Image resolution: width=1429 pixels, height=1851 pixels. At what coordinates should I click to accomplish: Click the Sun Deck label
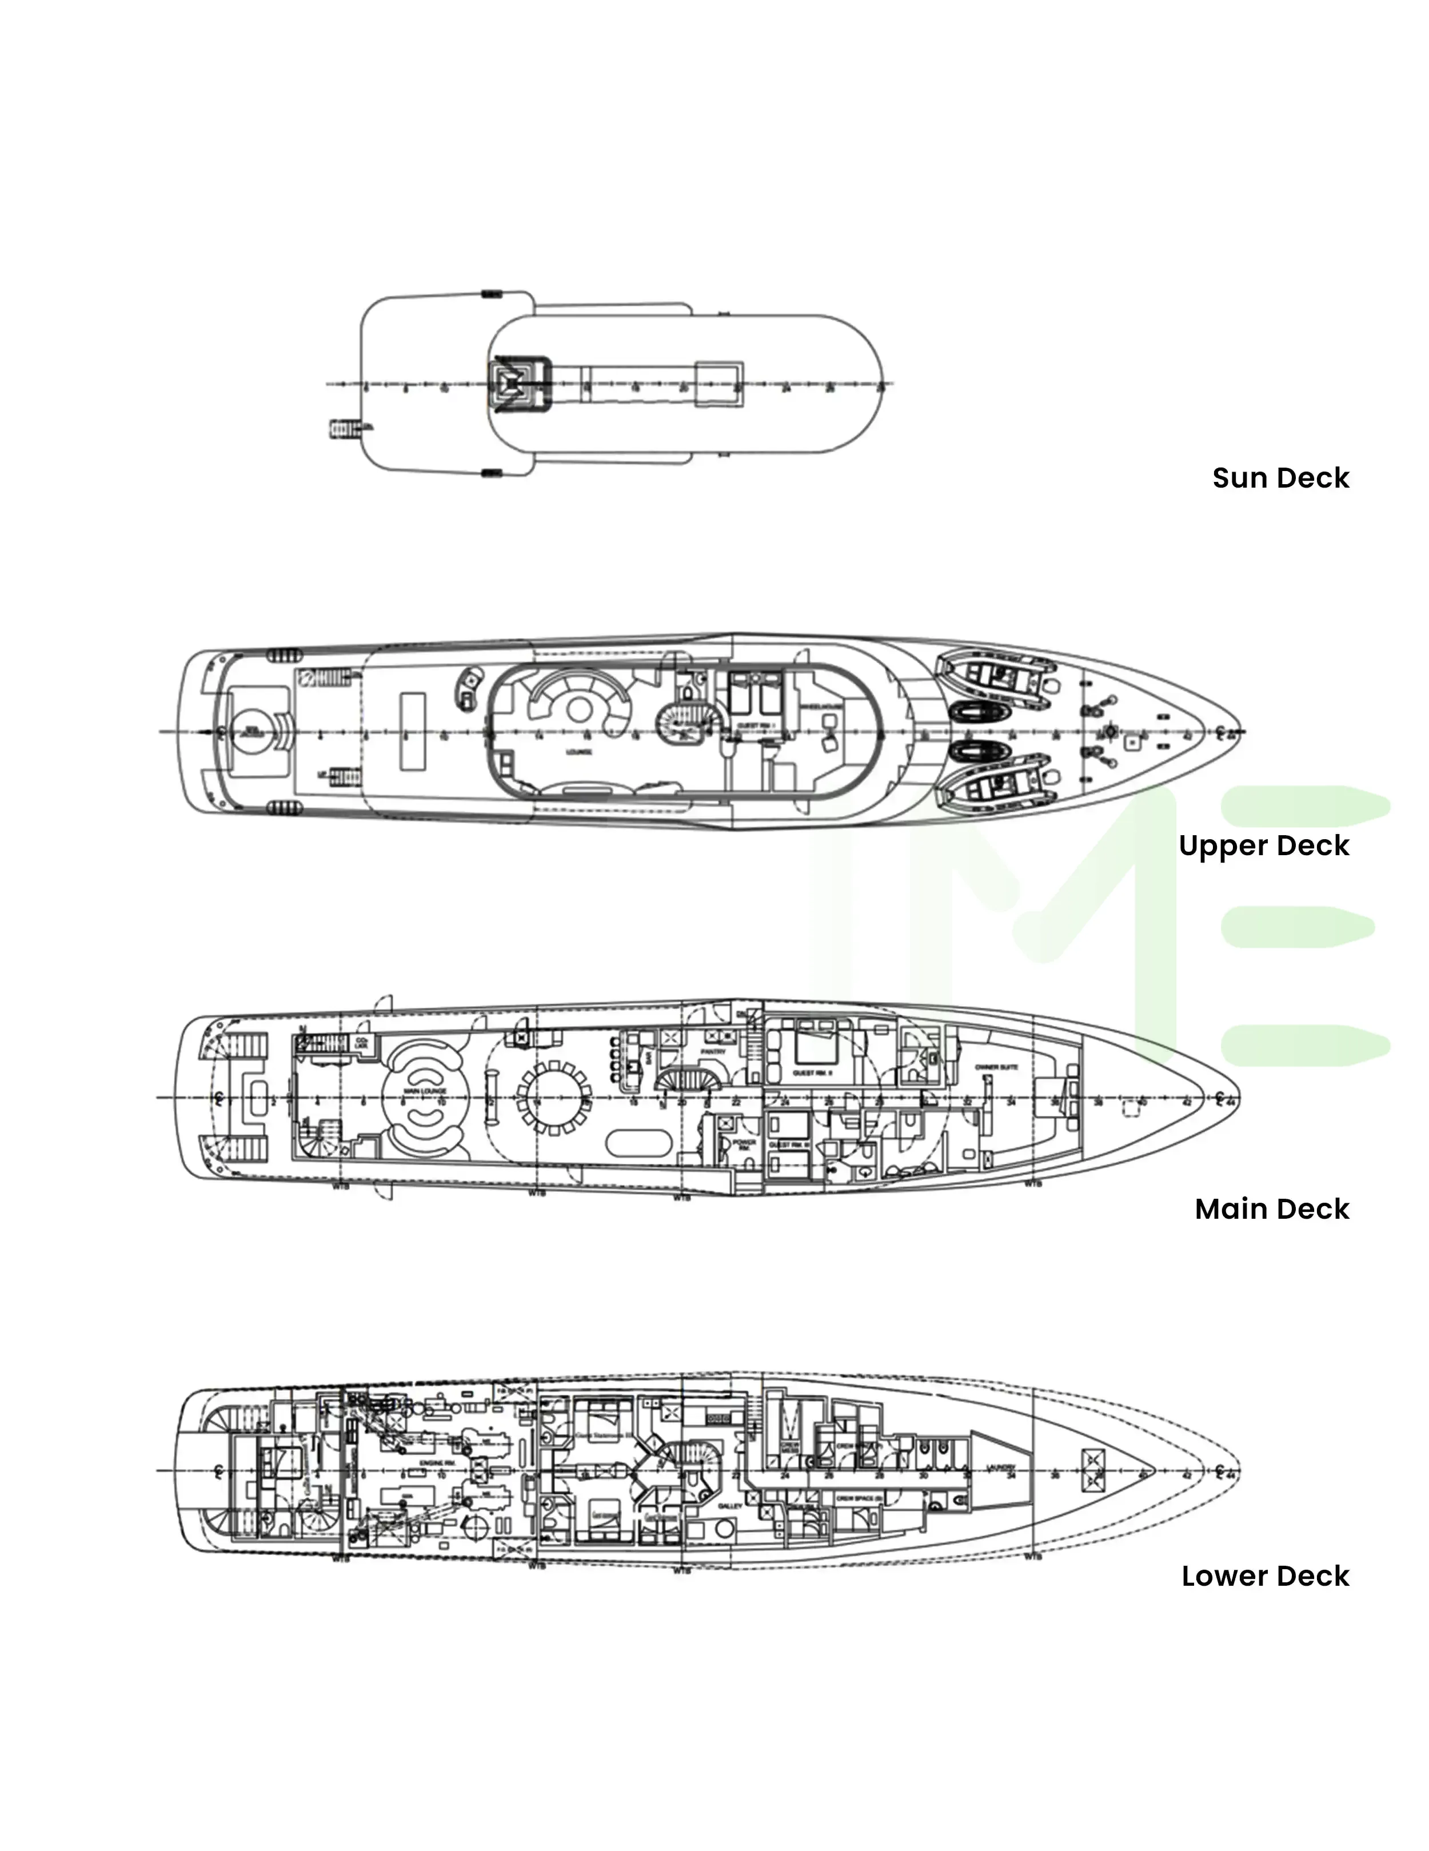coord(1280,478)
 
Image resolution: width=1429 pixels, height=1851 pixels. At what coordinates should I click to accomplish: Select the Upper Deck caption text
coord(1263,846)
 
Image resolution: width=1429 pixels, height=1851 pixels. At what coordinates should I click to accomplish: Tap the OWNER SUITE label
coord(996,1068)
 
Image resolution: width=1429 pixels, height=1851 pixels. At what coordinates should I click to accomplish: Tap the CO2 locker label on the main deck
coord(362,1043)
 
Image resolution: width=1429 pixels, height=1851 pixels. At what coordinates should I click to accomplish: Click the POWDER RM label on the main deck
coord(744,1145)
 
